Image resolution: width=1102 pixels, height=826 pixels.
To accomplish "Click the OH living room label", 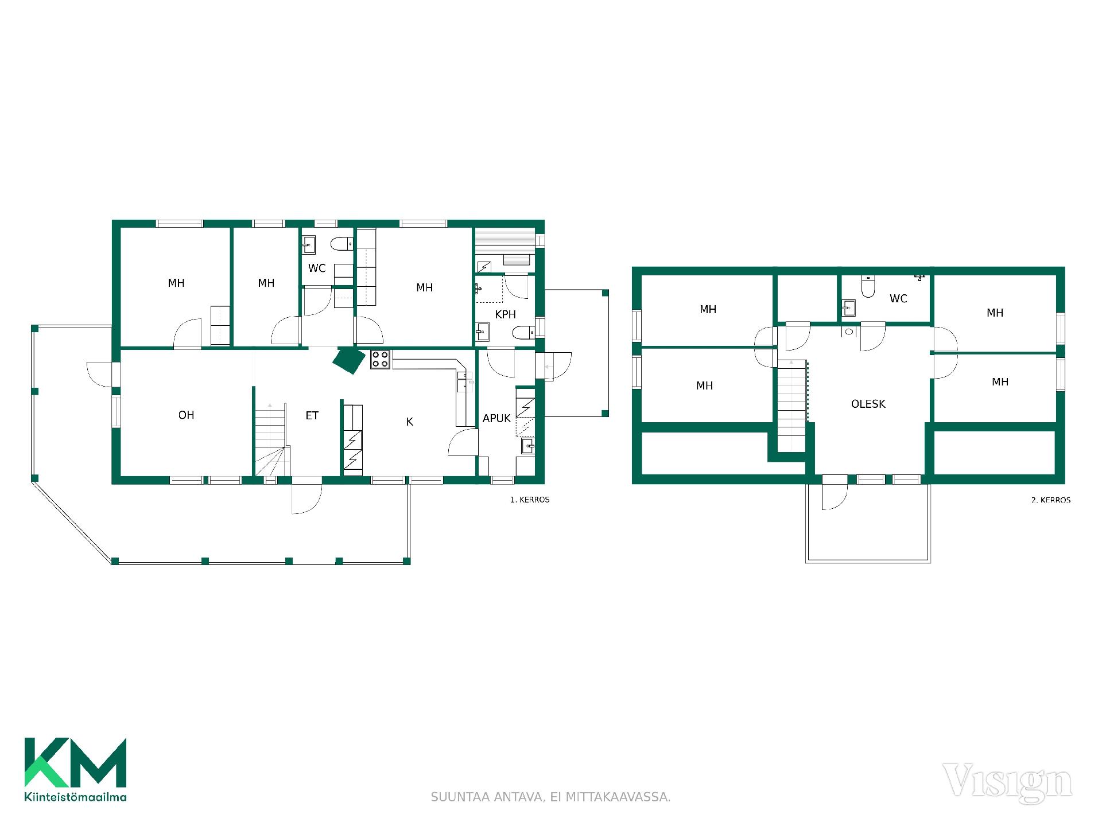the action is [186, 415].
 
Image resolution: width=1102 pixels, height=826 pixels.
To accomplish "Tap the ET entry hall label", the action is [312, 416].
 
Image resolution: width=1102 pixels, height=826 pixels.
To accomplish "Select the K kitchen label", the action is [410, 422].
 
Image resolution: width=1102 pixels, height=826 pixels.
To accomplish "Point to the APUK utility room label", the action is [496, 419].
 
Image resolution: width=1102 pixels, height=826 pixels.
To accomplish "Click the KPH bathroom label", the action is [505, 315].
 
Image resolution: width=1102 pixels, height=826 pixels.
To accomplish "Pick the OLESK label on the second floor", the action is [868, 404].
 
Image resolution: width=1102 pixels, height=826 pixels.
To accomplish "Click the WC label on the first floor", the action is [317, 268].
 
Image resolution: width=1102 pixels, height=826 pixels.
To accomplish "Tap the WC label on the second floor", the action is [898, 299].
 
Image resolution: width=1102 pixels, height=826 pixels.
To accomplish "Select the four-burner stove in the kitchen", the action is [380, 359].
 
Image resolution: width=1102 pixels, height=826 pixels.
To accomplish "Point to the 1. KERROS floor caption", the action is [530, 500].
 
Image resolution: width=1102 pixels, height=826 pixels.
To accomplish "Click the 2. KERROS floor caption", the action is [1051, 500].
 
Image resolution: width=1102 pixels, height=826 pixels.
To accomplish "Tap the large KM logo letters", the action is [75, 762].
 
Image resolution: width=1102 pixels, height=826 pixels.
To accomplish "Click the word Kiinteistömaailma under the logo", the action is [75, 797].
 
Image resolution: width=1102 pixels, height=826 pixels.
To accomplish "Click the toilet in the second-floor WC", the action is [868, 287].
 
